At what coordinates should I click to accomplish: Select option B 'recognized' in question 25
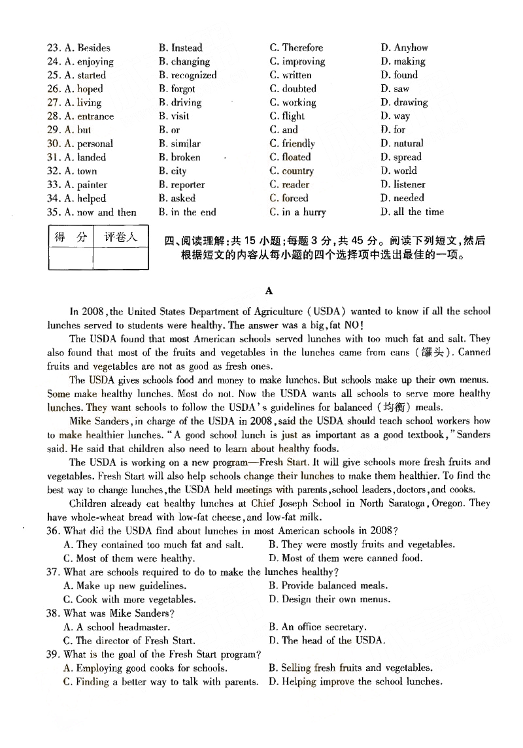(x=187, y=75)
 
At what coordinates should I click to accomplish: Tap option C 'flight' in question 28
(x=287, y=116)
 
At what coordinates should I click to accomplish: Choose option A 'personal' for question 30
(x=88, y=144)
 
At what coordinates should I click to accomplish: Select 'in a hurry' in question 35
(x=297, y=212)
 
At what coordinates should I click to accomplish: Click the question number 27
(x=54, y=103)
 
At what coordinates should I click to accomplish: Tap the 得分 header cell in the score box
(x=70, y=237)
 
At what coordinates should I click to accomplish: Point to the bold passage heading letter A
(x=269, y=291)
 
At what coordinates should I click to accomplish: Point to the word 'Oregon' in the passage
(x=447, y=504)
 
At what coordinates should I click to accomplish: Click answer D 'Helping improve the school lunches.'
(x=355, y=682)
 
